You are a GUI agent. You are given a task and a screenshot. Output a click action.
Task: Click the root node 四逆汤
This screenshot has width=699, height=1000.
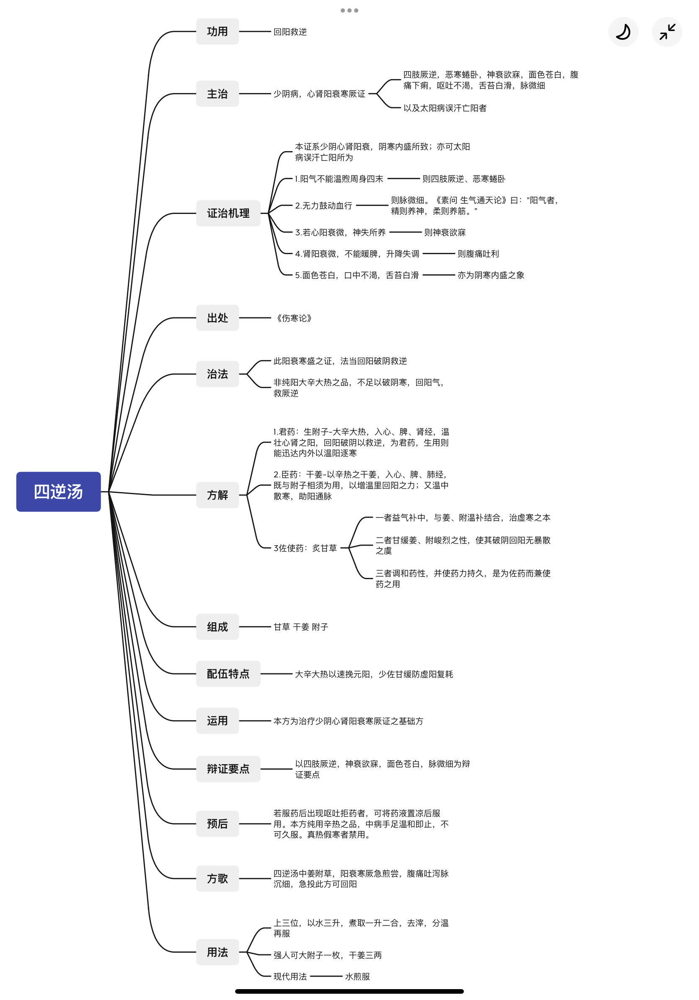(x=58, y=491)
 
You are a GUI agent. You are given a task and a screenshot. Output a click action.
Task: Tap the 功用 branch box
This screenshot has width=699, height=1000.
(x=217, y=31)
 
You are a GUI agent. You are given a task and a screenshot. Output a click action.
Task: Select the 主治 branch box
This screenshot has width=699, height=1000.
(x=217, y=94)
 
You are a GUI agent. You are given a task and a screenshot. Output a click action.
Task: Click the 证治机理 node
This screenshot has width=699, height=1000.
(x=228, y=213)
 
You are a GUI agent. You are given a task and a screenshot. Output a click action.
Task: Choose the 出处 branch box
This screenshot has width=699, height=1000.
(x=217, y=317)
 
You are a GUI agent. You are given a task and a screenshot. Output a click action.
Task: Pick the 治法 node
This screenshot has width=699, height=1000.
(x=217, y=374)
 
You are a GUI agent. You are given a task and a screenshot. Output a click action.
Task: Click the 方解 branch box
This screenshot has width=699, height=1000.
(x=217, y=495)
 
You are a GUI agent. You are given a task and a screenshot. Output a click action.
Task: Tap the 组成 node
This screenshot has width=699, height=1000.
(x=217, y=626)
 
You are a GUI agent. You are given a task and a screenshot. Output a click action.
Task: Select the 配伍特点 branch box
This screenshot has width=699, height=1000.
(x=228, y=674)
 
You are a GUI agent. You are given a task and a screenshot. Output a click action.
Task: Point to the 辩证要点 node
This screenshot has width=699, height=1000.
(x=228, y=769)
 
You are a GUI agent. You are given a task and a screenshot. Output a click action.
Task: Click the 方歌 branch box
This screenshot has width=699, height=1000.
(x=217, y=879)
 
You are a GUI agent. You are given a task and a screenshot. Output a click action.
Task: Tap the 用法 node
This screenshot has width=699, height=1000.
(x=217, y=952)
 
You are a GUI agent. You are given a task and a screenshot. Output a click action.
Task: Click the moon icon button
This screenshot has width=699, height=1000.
(x=623, y=32)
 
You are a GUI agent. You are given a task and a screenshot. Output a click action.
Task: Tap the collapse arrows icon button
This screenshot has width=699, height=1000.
(x=667, y=32)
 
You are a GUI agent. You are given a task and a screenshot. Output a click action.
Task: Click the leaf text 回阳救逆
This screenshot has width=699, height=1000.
(x=290, y=32)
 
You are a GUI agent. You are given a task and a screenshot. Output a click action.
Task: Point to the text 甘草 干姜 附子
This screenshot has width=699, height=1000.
(x=301, y=627)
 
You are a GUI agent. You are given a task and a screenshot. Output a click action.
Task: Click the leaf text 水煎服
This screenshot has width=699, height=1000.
(x=357, y=977)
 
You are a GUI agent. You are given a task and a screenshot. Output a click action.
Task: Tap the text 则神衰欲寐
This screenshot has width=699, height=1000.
(x=445, y=232)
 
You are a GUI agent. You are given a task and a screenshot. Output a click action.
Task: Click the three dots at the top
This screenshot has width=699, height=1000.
(x=349, y=10)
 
